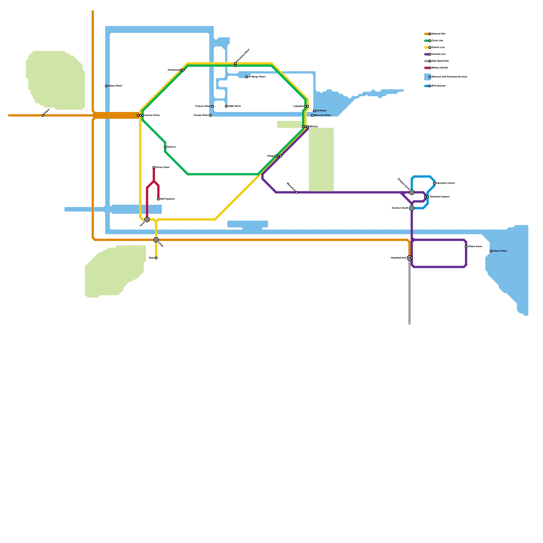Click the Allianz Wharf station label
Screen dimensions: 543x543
click(500, 251)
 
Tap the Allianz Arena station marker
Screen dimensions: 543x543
click(466, 247)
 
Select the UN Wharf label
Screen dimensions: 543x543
click(321, 111)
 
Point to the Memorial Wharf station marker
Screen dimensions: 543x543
click(312, 115)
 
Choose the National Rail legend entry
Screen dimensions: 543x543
click(438, 34)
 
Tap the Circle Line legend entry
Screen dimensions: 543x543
click(437, 41)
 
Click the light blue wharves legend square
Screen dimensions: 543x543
click(427, 77)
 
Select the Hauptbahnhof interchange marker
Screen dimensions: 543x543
click(410, 258)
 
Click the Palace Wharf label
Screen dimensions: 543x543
click(115, 86)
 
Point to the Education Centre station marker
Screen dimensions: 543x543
click(434, 183)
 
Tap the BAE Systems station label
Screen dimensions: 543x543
click(167, 199)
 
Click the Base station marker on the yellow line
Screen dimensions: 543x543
click(156, 258)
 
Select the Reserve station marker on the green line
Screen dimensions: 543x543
click(165, 147)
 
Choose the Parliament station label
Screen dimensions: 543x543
click(173, 70)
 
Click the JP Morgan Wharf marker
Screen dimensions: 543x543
click(247, 77)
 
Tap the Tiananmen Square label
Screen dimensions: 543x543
click(439, 197)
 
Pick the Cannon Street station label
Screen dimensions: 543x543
click(152, 115)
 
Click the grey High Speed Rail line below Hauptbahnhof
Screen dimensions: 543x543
click(410, 295)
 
